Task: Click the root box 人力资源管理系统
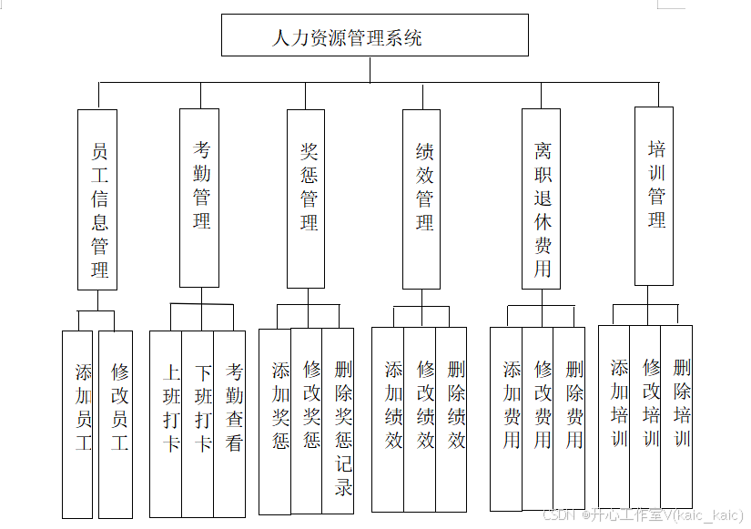click(x=374, y=36)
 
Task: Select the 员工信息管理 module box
click(x=97, y=199)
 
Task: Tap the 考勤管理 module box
click(x=199, y=197)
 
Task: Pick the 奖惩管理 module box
click(x=306, y=197)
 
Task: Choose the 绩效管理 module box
click(x=421, y=198)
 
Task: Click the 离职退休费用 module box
click(x=541, y=198)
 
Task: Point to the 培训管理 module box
click(x=655, y=196)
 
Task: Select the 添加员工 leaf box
click(x=78, y=423)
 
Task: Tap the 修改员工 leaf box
click(x=116, y=423)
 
